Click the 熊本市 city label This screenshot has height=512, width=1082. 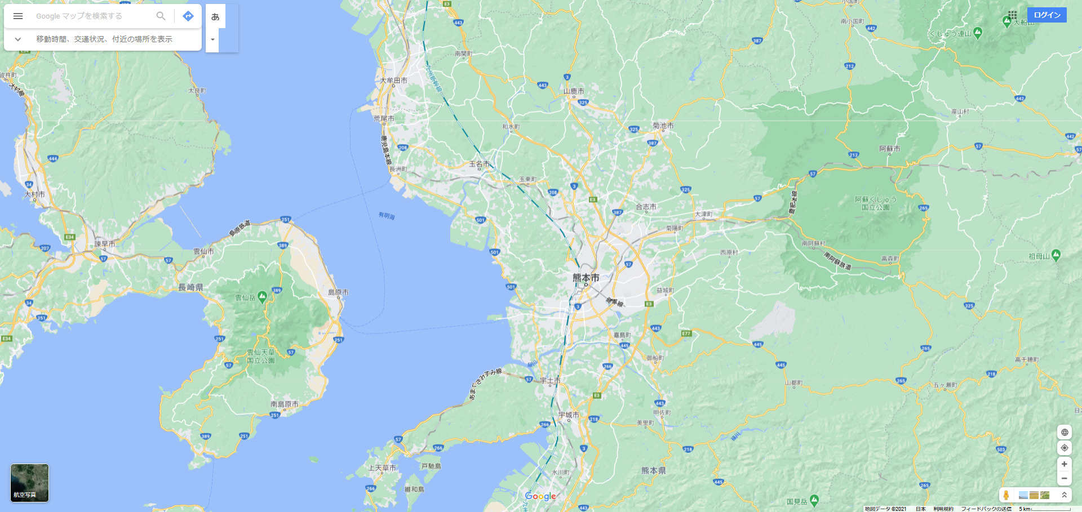pyautogui.click(x=586, y=278)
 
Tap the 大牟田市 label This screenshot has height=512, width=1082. pyautogui.click(x=393, y=81)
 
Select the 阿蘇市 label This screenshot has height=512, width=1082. pyautogui.click(x=889, y=149)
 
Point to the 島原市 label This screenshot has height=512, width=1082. pyautogui.click(x=338, y=292)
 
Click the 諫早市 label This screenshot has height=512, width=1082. pyautogui.click(x=105, y=244)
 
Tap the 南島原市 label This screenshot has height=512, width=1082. pyautogui.click(x=284, y=404)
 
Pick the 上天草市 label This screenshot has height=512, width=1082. pyautogui.click(x=382, y=468)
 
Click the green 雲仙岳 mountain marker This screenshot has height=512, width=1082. pyautogui.click(x=262, y=297)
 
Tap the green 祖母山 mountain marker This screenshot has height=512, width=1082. pyautogui.click(x=1056, y=255)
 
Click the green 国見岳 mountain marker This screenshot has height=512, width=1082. pyautogui.click(x=814, y=500)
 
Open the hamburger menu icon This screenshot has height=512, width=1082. pyautogui.click(x=18, y=16)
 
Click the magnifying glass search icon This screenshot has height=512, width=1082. pyautogui.click(x=161, y=16)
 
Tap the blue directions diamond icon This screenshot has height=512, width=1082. pyautogui.click(x=188, y=16)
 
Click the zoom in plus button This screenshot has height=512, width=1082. pyautogui.click(x=1064, y=464)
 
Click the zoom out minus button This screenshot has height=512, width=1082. pyautogui.click(x=1064, y=478)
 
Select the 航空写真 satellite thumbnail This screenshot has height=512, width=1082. pyautogui.click(x=30, y=483)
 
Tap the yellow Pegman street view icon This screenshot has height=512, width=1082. pyautogui.click(x=1006, y=495)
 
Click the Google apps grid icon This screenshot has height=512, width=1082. pyautogui.click(x=1013, y=15)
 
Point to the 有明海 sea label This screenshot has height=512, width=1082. pyautogui.click(x=387, y=216)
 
